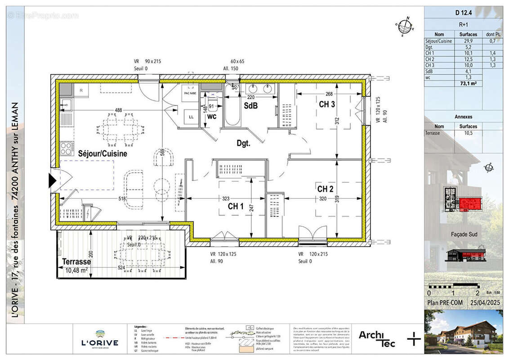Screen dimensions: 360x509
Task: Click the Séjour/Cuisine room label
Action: tap(103, 153)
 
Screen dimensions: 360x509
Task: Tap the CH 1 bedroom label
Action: tap(236, 207)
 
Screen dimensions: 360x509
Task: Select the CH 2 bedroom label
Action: tap(325, 189)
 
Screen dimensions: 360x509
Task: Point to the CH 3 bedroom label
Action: tap(326, 105)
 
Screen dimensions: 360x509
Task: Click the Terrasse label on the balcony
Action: tap(76, 261)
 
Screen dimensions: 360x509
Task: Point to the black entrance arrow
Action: tap(52, 180)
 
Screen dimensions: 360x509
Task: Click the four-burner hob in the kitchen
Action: tap(67, 147)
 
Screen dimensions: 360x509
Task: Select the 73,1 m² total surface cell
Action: tap(468, 83)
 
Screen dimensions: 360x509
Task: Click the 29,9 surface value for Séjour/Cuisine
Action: tap(468, 40)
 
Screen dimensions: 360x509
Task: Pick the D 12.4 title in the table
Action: tap(463, 13)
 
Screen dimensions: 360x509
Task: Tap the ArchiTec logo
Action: tap(377, 338)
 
